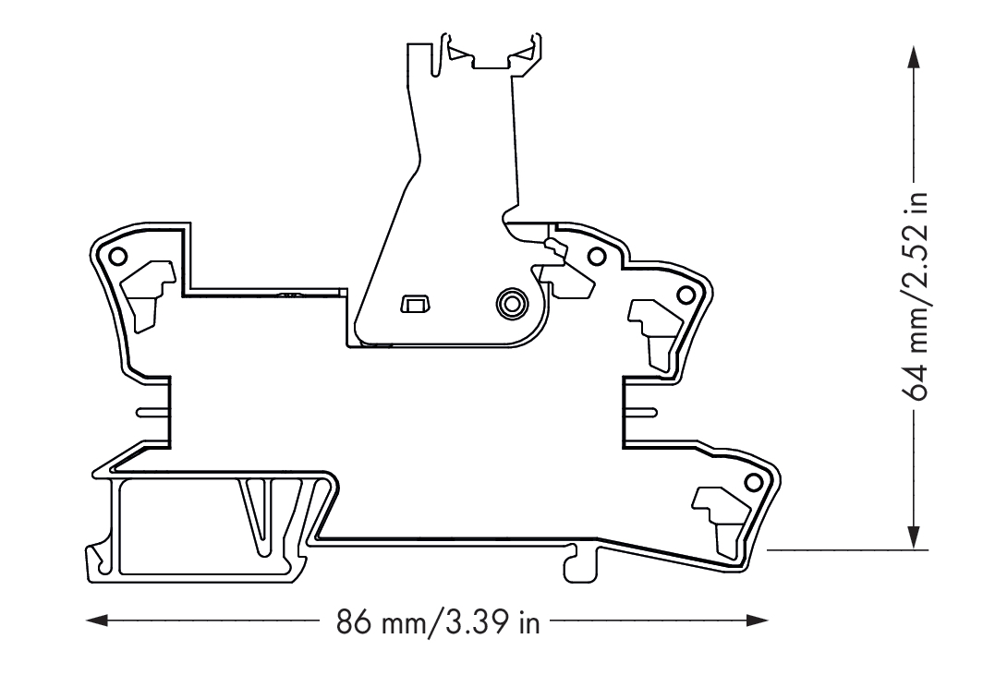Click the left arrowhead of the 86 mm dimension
click(x=97, y=621)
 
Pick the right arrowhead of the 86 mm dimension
click(x=757, y=621)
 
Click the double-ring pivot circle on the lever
click(x=511, y=303)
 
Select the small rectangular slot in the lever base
click(x=415, y=304)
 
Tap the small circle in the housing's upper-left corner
click(x=117, y=256)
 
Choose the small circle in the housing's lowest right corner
click(x=752, y=483)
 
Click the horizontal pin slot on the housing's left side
click(x=153, y=412)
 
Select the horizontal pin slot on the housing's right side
click(x=641, y=412)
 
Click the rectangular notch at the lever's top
click(x=492, y=61)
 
